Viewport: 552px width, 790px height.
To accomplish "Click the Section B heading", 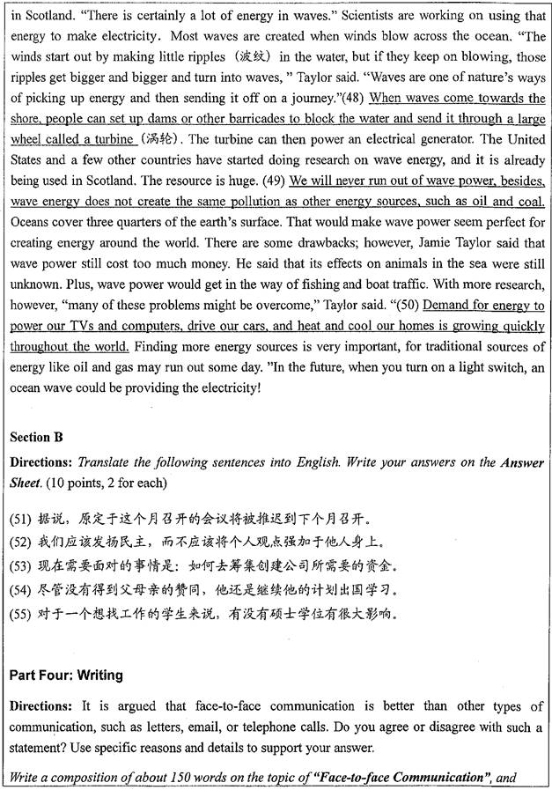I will [39, 437].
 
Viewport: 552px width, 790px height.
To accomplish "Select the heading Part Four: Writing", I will [65, 676].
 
